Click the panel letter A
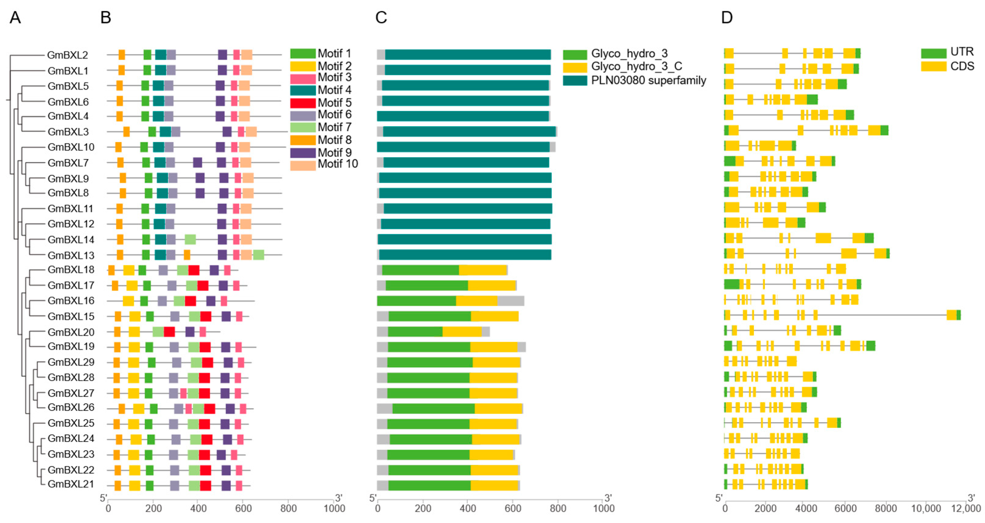[15, 18]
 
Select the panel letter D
[727, 18]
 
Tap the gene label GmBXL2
[68, 55]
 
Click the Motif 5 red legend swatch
[303, 103]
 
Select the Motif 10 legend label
[338, 164]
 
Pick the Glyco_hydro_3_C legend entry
[636, 67]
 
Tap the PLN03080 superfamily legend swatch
[575, 81]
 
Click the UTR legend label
[962, 52]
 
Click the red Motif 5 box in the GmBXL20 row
[170, 332]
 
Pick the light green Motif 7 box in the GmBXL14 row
[190, 240]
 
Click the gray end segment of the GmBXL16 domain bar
[510, 301]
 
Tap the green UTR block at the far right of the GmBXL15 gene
[958, 316]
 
